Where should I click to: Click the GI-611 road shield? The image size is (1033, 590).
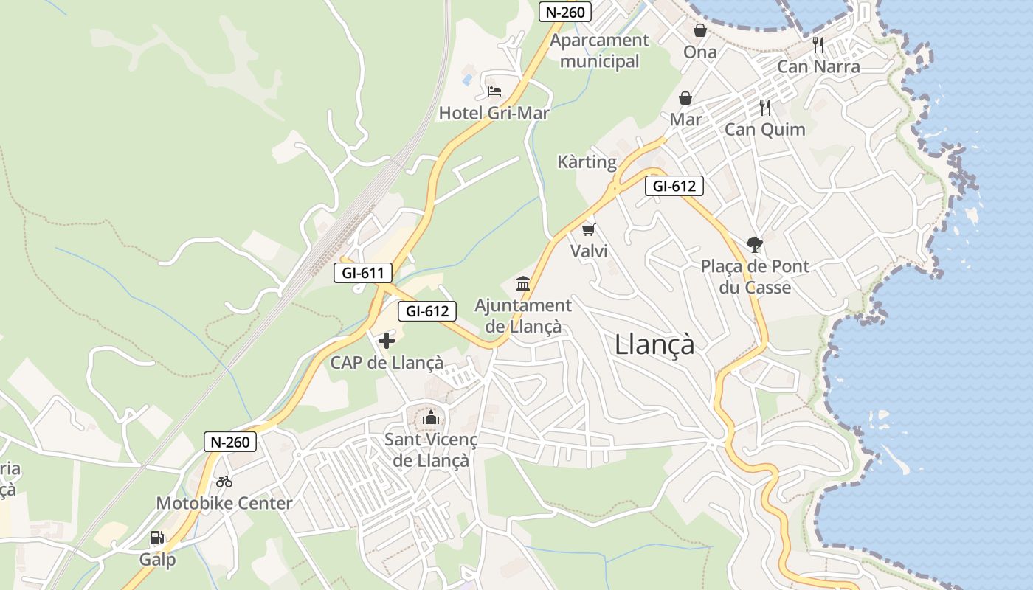(362, 273)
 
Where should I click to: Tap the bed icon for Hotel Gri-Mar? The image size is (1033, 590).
(494, 91)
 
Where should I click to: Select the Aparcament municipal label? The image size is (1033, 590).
(599, 50)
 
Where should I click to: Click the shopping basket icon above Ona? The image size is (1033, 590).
(699, 30)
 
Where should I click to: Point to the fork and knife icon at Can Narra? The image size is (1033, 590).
(818, 45)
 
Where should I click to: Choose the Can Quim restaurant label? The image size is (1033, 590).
(764, 129)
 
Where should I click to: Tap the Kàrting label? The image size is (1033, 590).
(587, 162)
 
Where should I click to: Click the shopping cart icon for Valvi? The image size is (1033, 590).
(588, 229)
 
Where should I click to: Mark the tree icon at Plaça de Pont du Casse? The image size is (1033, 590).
(754, 244)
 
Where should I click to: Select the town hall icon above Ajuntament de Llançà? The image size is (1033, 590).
(523, 283)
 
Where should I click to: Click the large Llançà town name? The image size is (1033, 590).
(654, 344)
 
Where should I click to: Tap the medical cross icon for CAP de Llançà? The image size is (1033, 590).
(386, 341)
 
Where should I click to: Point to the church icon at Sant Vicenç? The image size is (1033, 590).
(430, 418)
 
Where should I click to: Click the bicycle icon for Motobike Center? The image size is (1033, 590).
(224, 482)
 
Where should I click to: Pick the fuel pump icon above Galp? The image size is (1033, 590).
(156, 538)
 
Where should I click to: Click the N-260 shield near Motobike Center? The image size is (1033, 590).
(230, 442)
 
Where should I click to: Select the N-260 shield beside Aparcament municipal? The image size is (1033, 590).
(564, 12)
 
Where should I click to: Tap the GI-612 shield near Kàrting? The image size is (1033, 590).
(674, 186)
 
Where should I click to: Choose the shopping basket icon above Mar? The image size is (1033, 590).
(685, 98)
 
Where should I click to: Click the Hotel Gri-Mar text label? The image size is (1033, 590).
(494, 113)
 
